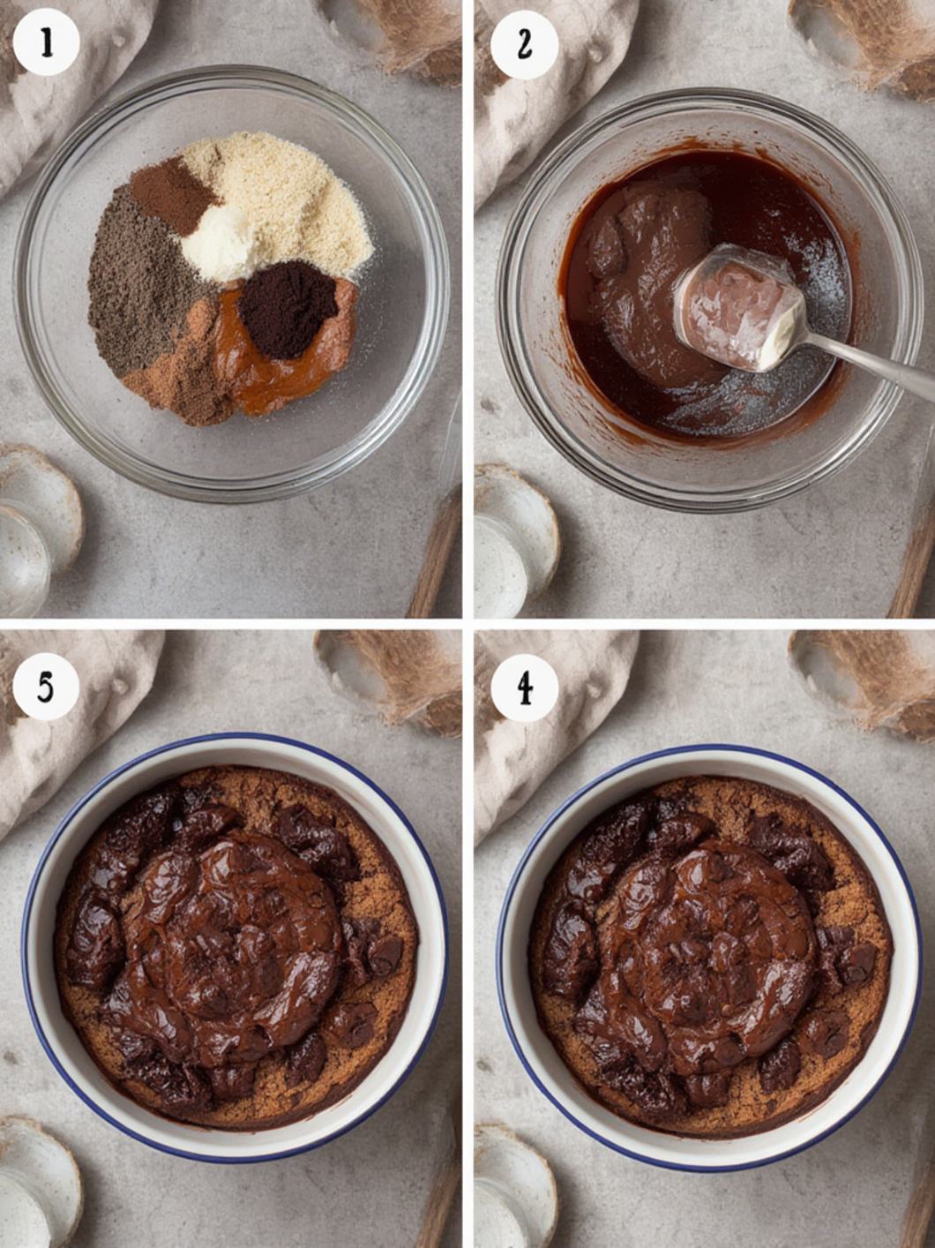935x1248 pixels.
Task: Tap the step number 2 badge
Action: tap(524, 44)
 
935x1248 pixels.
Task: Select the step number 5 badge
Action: tap(46, 687)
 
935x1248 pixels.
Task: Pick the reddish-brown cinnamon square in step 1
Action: tap(170, 193)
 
